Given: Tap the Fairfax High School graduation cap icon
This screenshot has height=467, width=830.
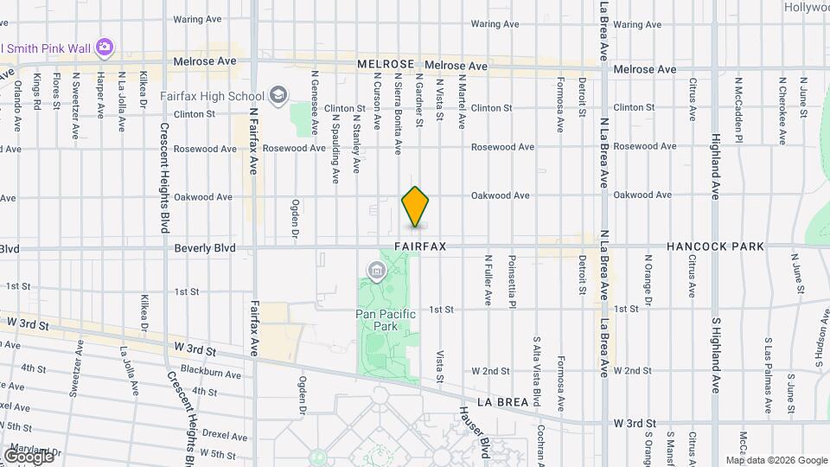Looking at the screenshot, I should (x=278, y=94).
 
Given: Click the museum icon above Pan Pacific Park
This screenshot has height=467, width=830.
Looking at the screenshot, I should (x=376, y=272).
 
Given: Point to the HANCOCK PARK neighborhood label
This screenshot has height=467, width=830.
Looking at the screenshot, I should (x=715, y=246).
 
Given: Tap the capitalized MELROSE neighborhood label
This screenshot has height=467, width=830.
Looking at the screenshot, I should (x=388, y=64).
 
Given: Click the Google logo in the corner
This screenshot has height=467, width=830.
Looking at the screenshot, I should (x=29, y=456).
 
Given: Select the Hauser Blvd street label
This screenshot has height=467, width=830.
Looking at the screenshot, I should (x=474, y=430).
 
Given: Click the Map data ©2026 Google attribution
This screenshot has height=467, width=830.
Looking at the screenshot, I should (x=776, y=460).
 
